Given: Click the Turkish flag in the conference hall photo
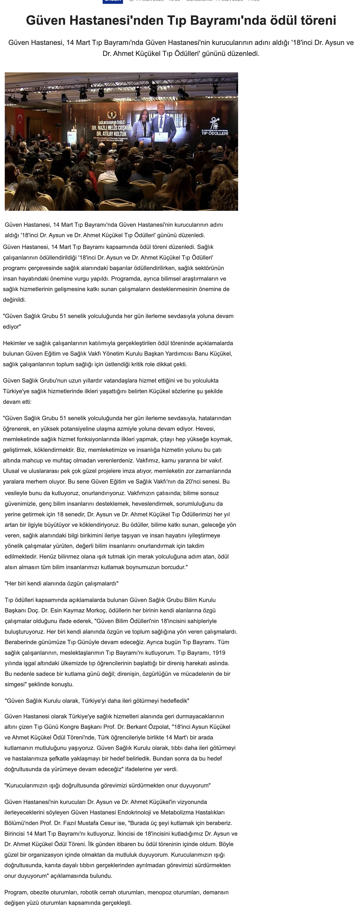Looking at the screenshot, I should [20, 118].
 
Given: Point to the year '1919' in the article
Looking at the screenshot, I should [219, 653].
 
